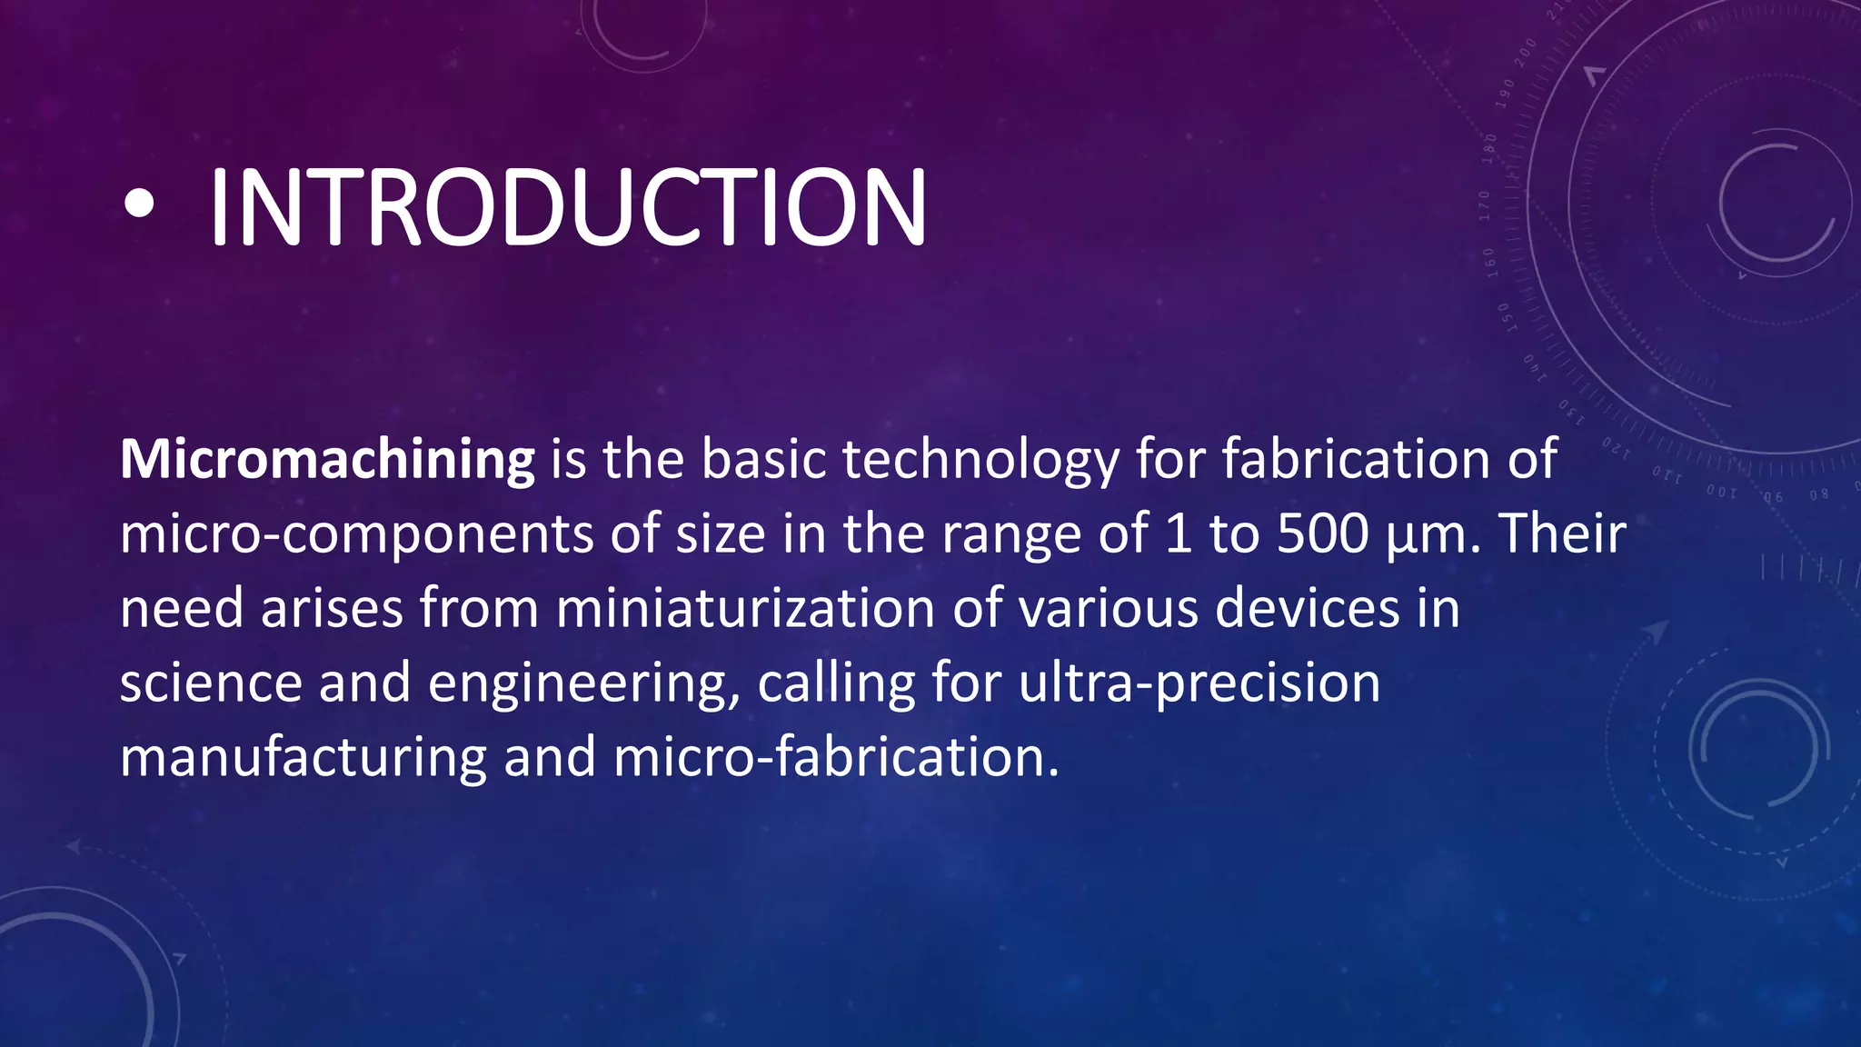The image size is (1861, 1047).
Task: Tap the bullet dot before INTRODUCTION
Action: pos(139,205)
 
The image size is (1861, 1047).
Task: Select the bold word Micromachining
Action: pos(327,461)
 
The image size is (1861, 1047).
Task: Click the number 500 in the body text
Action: pos(1322,534)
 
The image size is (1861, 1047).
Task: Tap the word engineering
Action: pos(582,684)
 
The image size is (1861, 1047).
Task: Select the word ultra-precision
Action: pos(1199,683)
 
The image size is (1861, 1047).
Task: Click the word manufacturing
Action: pos(304,758)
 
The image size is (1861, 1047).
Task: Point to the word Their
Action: pos(1562,534)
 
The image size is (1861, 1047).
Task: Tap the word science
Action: pos(210,683)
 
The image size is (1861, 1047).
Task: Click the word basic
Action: pos(762,461)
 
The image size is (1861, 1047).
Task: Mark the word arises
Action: pos(332,609)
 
